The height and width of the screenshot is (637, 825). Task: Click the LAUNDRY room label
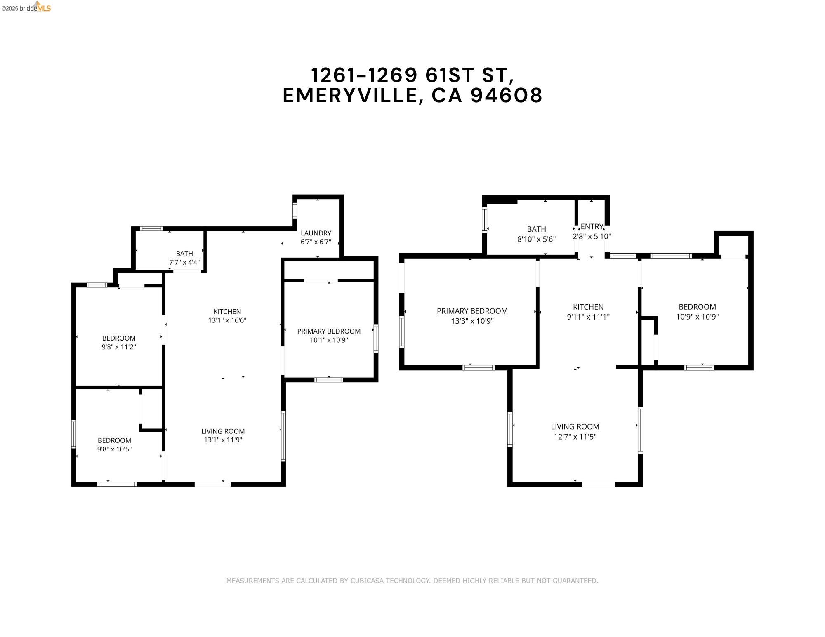tap(316, 233)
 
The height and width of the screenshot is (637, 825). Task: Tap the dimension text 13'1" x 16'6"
tap(227, 320)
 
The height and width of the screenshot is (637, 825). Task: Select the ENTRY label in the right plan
tap(592, 226)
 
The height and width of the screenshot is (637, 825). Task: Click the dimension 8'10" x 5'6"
tap(536, 239)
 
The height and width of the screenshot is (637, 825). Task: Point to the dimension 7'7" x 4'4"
tap(184, 262)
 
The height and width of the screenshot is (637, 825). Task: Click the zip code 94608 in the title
tap(507, 96)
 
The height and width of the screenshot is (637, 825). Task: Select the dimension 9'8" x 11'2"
tap(119, 347)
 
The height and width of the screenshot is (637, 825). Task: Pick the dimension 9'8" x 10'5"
tap(114, 449)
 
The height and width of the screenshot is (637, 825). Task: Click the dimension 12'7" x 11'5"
tap(575, 437)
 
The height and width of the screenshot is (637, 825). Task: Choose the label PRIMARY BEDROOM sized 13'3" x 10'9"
tap(472, 311)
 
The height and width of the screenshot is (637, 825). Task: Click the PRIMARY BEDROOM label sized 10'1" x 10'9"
tap(329, 331)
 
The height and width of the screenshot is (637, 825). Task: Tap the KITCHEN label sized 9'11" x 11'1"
tap(588, 307)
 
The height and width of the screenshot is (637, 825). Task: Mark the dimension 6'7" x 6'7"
tap(316, 242)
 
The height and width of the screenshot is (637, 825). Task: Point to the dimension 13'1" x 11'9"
tap(223, 440)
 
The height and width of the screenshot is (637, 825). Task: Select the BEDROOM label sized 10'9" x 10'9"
tap(697, 307)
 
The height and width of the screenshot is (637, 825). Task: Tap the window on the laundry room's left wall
tap(295, 210)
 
